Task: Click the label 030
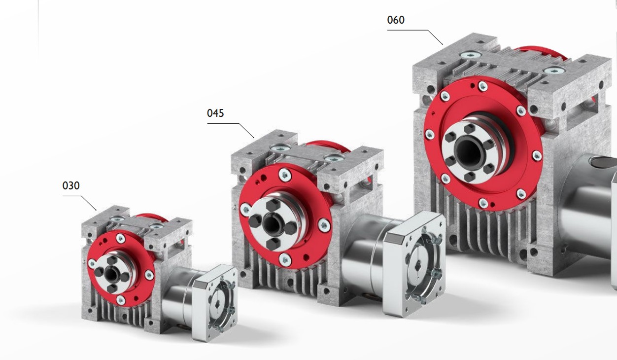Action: (71, 186)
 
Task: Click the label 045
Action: (215, 113)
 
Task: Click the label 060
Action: (396, 20)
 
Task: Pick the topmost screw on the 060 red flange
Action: (482, 86)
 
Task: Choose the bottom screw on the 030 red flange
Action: (121, 299)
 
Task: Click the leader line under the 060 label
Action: (409, 31)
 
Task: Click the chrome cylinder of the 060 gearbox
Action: (586, 207)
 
